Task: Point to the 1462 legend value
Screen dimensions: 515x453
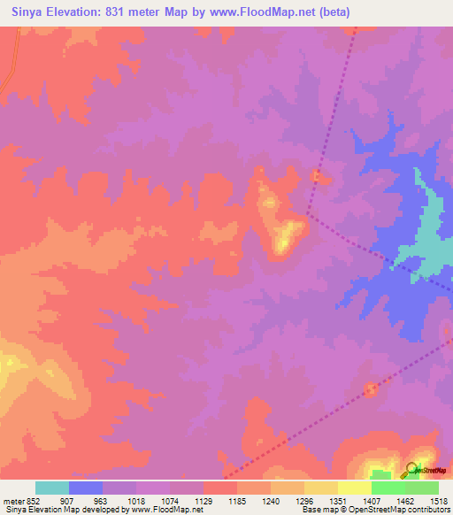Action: (x=404, y=500)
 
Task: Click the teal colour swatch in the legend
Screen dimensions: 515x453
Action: (x=52, y=488)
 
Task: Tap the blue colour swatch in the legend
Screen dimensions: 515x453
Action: (x=86, y=488)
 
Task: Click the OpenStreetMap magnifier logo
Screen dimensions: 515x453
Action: (x=412, y=469)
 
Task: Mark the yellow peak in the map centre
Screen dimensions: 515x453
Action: (x=285, y=237)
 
